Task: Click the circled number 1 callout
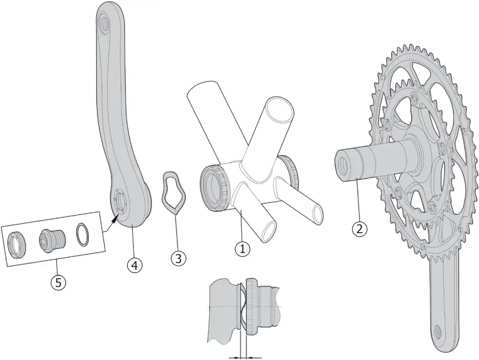click(x=242, y=248)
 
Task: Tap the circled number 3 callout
click(x=179, y=257)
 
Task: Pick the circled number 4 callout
click(x=134, y=265)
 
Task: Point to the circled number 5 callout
click(x=57, y=282)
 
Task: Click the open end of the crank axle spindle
click(x=342, y=164)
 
